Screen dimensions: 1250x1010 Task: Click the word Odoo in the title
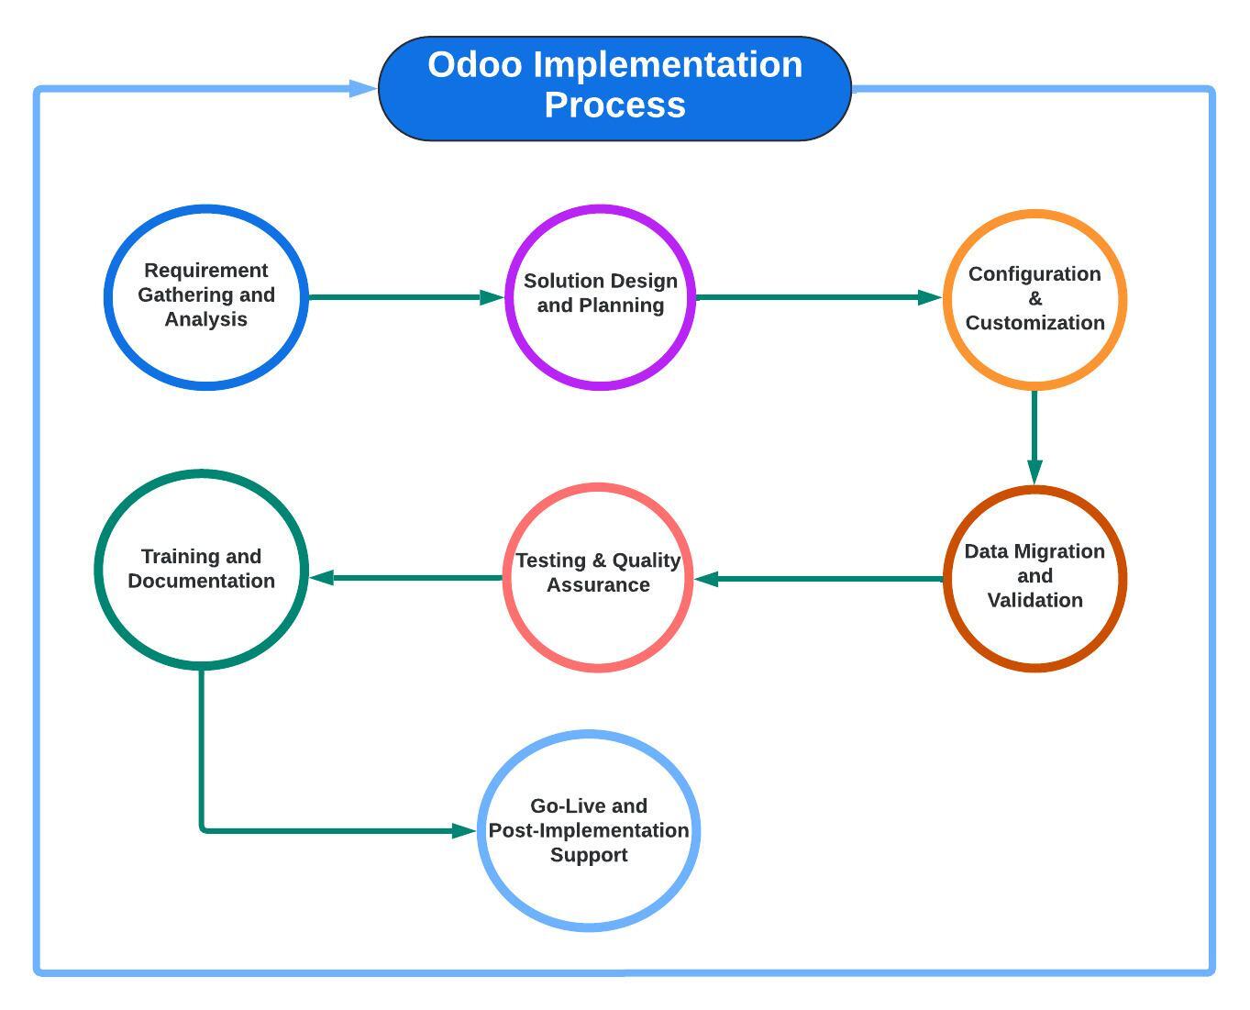[474, 64]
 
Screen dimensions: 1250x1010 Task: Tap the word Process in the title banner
[614, 105]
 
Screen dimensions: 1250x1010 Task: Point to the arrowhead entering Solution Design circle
[492, 297]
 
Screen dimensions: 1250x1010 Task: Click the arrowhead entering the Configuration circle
[930, 297]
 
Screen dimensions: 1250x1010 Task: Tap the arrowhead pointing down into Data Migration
[1034, 472]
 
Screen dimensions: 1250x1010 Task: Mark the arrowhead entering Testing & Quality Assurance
[707, 579]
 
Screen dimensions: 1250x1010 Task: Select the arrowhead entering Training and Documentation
[322, 578]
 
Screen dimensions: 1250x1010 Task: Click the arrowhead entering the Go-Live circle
[464, 830]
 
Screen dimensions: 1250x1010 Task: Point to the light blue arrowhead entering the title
[362, 89]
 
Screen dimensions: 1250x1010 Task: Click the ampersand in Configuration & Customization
[1034, 298]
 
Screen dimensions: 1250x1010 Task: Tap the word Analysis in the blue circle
[206, 319]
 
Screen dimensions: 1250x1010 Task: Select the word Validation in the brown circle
[1034, 600]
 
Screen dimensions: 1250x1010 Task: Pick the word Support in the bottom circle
[589, 855]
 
